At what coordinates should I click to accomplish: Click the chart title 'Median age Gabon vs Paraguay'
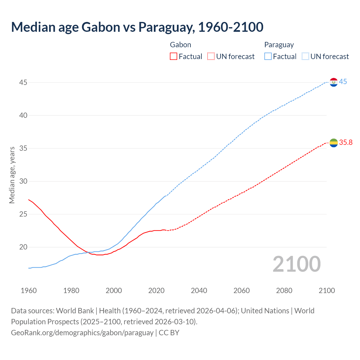click(137, 27)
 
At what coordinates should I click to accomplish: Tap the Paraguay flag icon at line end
click(334, 82)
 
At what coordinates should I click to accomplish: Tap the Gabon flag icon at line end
click(334, 143)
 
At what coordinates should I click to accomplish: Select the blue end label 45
click(343, 82)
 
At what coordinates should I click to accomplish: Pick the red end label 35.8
click(346, 143)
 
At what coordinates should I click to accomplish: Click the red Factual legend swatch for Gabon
click(174, 57)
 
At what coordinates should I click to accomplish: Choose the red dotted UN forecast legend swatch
click(211, 57)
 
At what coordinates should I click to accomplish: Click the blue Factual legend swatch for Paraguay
click(268, 57)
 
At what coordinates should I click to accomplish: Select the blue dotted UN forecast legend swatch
click(305, 57)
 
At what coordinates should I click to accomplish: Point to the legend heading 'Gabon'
click(181, 45)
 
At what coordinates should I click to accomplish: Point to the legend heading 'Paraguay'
click(279, 45)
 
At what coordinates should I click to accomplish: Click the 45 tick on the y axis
click(23, 83)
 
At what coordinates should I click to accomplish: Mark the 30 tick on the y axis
click(23, 181)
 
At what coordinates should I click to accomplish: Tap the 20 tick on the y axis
click(23, 247)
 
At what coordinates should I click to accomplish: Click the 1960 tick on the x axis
click(29, 291)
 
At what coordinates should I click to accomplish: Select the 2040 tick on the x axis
click(199, 291)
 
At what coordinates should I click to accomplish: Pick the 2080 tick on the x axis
click(284, 291)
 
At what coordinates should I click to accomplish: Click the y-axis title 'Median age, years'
click(12, 175)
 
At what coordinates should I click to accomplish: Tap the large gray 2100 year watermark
click(296, 264)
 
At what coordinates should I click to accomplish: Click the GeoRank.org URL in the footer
click(82, 333)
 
